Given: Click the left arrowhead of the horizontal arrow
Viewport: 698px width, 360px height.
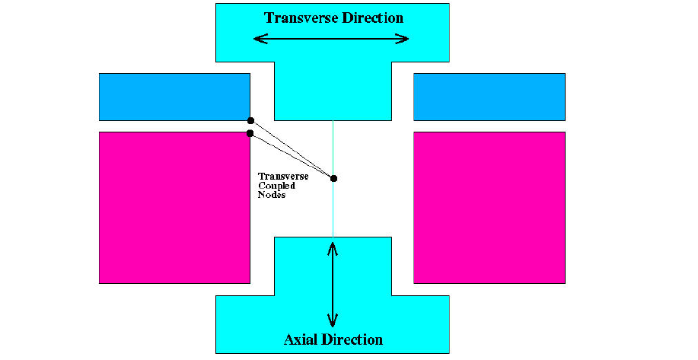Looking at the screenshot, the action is click(x=260, y=39).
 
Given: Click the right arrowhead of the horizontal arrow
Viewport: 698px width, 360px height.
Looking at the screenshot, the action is click(x=402, y=39).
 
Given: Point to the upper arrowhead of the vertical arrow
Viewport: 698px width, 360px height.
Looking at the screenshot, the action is click(x=333, y=248).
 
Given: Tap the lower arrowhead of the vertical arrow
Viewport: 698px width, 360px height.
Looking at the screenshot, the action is click(x=333, y=320).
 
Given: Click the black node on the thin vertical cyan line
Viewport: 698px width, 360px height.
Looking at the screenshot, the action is click(x=334, y=178).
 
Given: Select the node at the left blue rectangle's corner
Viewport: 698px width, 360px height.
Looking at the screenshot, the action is click(x=250, y=120).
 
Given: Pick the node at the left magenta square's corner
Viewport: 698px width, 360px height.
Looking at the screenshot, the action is click(x=250, y=133).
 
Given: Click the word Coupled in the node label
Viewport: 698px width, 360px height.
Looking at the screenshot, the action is click(x=277, y=186).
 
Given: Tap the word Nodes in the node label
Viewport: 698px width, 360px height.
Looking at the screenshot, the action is click(x=272, y=195).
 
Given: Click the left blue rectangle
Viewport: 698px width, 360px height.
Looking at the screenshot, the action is click(x=174, y=97).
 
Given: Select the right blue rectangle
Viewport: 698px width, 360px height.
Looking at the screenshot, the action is click(x=489, y=97).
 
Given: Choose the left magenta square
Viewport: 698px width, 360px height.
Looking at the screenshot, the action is click(x=174, y=207).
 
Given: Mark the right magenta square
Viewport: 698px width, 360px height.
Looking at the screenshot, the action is click(x=489, y=207).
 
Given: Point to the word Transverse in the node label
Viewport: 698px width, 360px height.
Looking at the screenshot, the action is click(x=283, y=177).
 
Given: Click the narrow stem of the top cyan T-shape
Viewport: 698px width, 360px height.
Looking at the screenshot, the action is click(x=333, y=91).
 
